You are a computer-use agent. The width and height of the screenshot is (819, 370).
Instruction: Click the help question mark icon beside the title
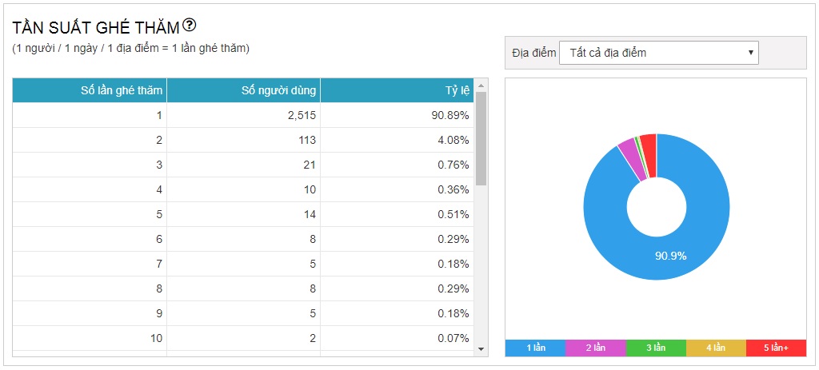tap(190, 26)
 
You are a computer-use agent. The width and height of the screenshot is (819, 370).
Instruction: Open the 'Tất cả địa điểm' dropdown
tap(658, 53)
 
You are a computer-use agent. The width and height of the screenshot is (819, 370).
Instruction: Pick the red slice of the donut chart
tap(649, 144)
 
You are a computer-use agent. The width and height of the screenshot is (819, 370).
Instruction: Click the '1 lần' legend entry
tap(535, 348)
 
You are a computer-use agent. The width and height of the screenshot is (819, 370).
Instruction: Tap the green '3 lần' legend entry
tap(656, 348)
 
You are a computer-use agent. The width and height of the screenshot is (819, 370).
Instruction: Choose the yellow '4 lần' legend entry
tap(716, 348)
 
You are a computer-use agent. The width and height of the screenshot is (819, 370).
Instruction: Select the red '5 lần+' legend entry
tap(776, 348)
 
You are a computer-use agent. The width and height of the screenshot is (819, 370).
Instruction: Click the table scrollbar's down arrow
tap(481, 348)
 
